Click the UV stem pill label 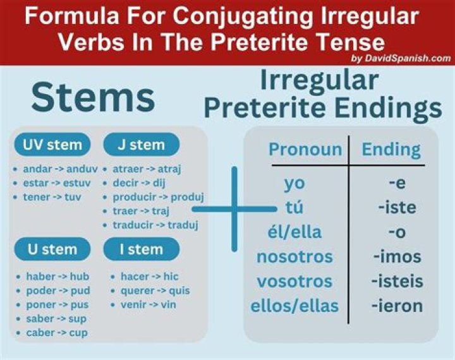pos(52,145)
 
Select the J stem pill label pos(141,145)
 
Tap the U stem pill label pos(52,249)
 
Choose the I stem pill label pos(141,249)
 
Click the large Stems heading pos(93,98)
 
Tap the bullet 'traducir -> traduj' pos(155,225)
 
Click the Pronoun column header pos(305,150)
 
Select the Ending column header pos(391,150)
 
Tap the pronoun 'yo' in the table pos(294,183)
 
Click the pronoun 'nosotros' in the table pos(294,257)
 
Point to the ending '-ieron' pos(397,306)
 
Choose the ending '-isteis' pos(397,282)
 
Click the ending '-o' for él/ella pos(397,232)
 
